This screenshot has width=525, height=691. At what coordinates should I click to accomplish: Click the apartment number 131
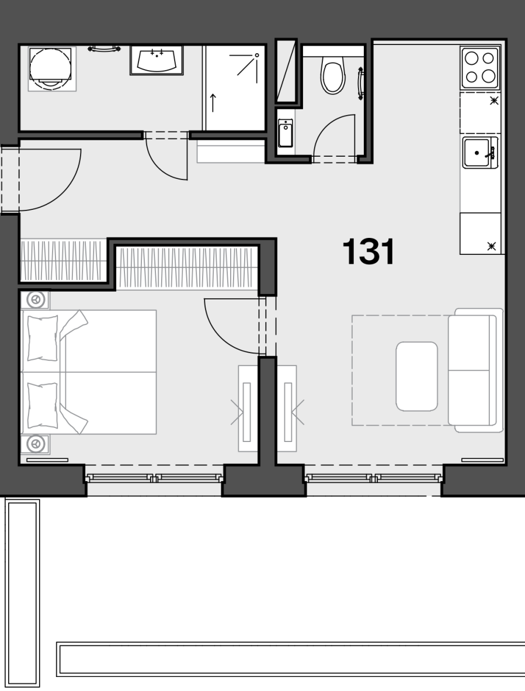[x=368, y=251]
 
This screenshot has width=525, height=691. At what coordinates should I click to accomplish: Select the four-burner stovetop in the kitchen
[x=480, y=68]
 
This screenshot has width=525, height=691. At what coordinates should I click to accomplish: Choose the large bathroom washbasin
[x=157, y=60]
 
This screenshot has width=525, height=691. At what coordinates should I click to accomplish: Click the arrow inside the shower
[x=213, y=103]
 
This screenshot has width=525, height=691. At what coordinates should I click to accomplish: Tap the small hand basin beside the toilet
[x=285, y=133]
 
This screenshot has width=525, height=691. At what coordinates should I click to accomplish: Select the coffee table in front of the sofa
[x=417, y=376]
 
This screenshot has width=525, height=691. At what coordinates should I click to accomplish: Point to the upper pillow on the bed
[x=43, y=338]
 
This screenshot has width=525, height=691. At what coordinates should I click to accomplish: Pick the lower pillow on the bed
[x=43, y=406]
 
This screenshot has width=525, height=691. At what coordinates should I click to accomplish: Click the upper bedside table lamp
[x=36, y=300]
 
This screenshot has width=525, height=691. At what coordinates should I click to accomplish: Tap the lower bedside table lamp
[x=36, y=444]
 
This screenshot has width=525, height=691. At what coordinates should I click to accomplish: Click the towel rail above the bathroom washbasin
[x=105, y=49]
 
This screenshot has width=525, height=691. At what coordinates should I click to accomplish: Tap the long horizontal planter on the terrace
[x=291, y=659]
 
